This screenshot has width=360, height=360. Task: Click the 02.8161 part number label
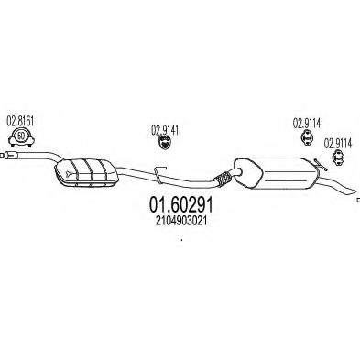click(x=20, y=121)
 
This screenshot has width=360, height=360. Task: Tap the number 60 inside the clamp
click(x=21, y=136)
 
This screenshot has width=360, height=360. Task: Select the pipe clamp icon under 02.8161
click(x=21, y=137)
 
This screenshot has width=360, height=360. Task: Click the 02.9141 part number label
click(x=165, y=131)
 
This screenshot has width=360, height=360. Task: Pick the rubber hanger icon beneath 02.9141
click(x=165, y=143)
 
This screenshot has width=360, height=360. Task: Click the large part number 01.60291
click(x=180, y=205)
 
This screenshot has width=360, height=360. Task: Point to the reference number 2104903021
click(x=181, y=221)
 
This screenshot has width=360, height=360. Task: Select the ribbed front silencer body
click(x=86, y=171)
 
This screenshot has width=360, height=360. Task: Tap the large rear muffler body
click(x=277, y=173)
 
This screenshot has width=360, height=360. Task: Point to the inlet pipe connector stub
click(x=8, y=156)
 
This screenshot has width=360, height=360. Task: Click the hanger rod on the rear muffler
click(x=321, y=165)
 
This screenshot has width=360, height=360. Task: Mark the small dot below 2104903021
click(x=181, y=240)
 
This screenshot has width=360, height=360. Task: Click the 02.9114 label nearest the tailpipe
click(x=338, y=143)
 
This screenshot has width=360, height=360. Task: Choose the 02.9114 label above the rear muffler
click(x=307, y=123)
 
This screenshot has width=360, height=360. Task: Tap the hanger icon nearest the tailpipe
click(x=338, y=157)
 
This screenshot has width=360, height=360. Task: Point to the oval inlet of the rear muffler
click(x=237, y=172)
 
